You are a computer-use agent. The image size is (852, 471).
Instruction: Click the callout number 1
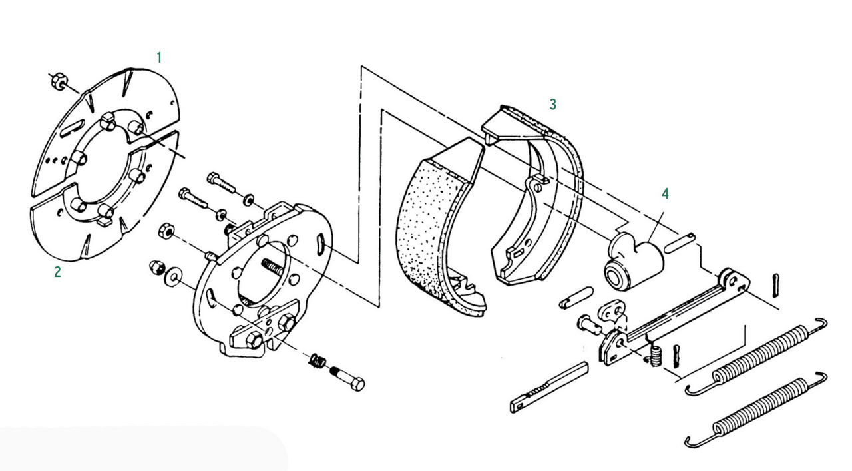159,58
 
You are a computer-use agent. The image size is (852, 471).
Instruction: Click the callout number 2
57,272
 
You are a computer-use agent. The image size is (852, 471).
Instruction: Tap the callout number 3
553,104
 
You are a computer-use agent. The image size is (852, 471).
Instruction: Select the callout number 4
665,193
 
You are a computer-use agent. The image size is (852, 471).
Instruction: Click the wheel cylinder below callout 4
633,262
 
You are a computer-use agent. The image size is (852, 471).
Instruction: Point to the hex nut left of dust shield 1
58,81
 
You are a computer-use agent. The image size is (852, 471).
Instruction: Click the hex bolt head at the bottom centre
356,384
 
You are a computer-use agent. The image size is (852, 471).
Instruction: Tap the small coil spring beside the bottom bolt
316,360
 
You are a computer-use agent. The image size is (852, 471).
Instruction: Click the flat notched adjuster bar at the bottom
549,388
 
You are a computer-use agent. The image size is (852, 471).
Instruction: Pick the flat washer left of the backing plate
173,277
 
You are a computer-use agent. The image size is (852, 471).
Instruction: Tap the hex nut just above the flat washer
166,231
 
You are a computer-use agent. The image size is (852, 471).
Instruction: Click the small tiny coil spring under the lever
655,356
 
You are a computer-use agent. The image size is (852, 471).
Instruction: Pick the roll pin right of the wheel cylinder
680,243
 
